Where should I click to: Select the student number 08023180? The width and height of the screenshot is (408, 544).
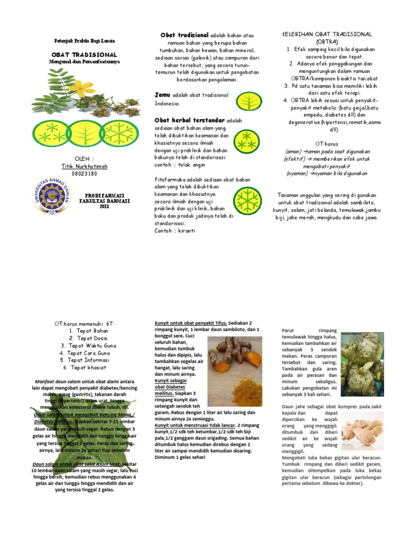tap(84, 173)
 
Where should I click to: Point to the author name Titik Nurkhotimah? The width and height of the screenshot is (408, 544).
tap(84, 166)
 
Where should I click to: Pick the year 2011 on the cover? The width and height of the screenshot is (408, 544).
tap(104, 207)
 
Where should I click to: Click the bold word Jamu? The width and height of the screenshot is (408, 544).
tap(161, 95)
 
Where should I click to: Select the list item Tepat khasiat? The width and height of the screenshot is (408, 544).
tap(85, 368)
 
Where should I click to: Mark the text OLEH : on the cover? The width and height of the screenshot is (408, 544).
tap(84, 159)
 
